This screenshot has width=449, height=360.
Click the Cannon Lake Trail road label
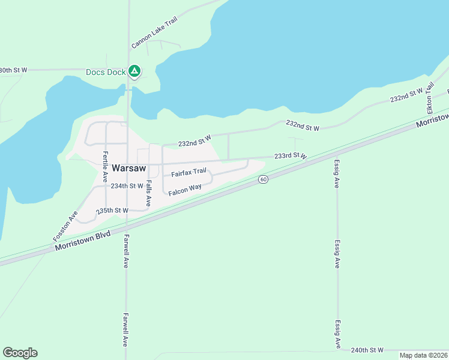coord(155,33)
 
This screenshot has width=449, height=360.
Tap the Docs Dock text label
coord(106,72)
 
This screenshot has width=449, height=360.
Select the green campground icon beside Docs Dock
coord(135,72)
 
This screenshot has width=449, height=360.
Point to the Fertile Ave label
coord(105,167)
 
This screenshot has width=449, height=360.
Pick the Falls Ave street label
coord(148,193)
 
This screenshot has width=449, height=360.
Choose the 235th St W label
coord(113,211)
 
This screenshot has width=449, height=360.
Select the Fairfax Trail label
coord(188,173)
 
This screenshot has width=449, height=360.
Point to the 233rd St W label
coord(291,155)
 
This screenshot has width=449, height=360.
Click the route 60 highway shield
coord(262,179)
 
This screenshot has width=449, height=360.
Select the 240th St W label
coord(367,350)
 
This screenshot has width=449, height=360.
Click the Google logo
coord(20,353)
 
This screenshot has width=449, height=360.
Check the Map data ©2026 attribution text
coord(423,355)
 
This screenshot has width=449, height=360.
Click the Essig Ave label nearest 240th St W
coord(338,333)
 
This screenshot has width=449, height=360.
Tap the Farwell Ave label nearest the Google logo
coord(125,329)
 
